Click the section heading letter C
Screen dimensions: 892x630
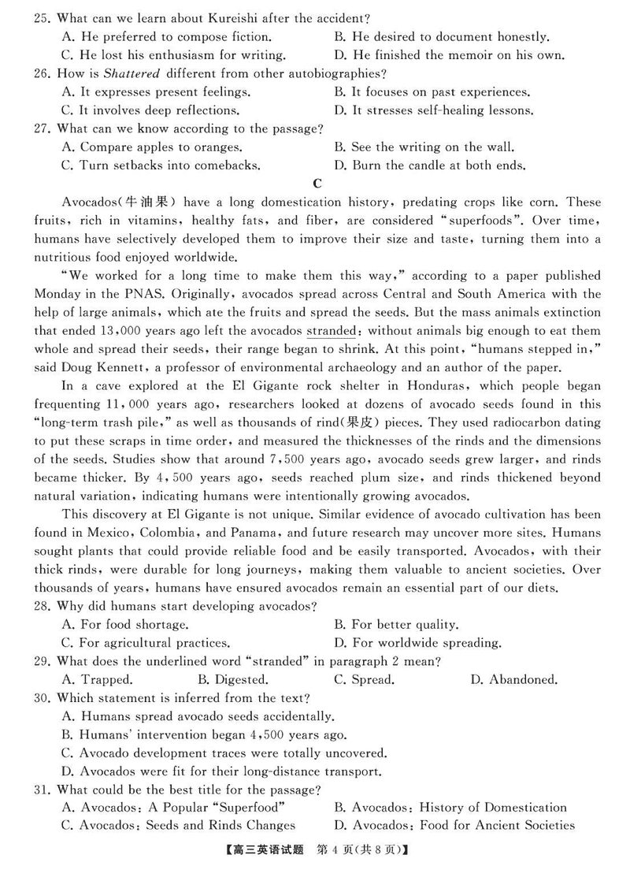(317, 184)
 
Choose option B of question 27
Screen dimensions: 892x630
(424, 147)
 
